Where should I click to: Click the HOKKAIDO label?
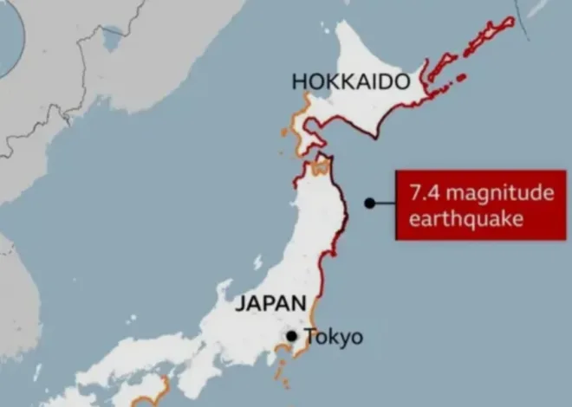[x=350, y=81]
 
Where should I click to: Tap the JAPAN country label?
[x=270, y=303]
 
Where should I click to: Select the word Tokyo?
[x=334, y=337]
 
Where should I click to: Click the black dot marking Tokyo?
[x=292, y=336]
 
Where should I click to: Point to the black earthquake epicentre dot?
[x=369, y=203]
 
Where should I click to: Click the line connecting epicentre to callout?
[x=384, y=203]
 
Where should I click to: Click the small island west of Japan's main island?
[x=257, y=262]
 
